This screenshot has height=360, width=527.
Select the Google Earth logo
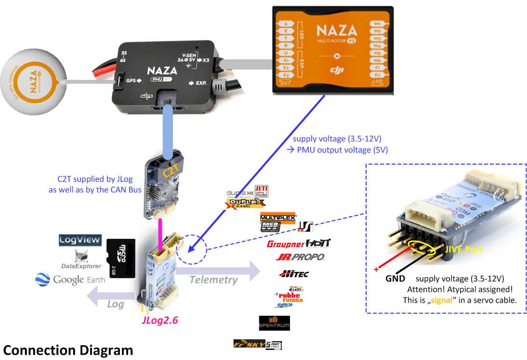70,280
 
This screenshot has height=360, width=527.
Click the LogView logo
80,240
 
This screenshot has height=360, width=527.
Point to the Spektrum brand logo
274,323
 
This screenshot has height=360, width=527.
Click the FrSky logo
257,345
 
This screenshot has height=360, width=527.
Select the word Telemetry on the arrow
213,280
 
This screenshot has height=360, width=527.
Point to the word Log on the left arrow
115,304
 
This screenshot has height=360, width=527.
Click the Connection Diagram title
68,350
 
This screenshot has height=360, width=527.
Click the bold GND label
395,279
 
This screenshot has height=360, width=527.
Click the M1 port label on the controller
377,24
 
